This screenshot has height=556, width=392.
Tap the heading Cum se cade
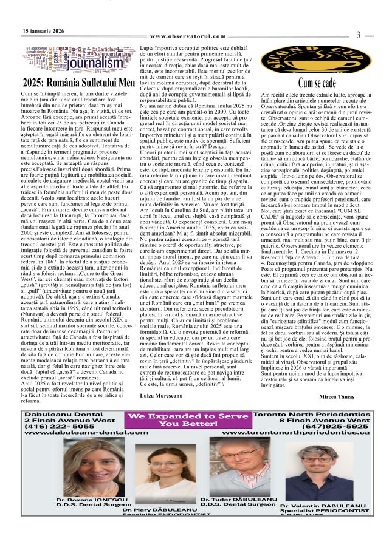pos(317,82)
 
